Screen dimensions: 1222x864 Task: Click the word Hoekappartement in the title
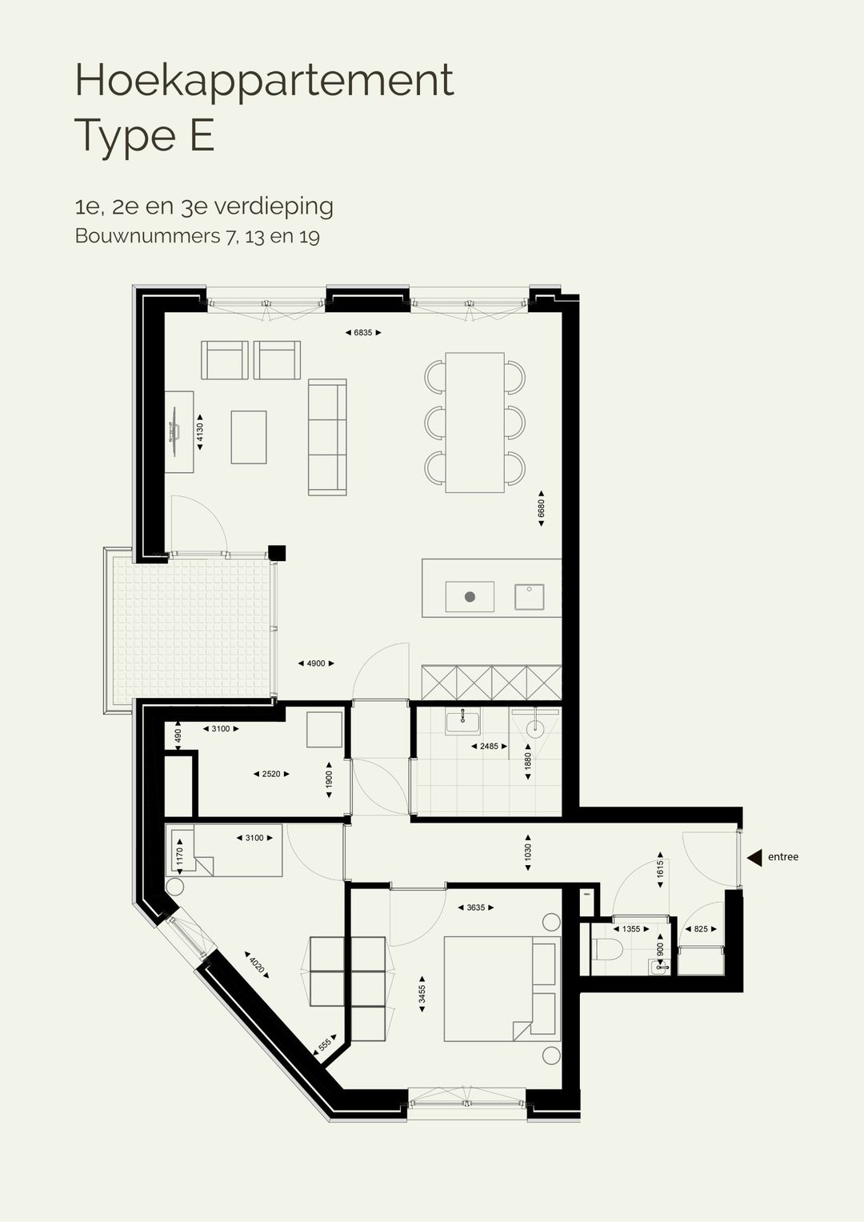(264, 80)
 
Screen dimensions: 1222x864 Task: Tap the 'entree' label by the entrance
(782, 857)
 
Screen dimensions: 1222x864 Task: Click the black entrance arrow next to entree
(754, 857)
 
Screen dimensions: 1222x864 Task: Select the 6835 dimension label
(362, 332)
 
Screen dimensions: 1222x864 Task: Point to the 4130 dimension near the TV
(200, 432)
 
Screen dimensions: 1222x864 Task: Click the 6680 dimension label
(542, 508)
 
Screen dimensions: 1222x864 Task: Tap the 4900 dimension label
(315, 663)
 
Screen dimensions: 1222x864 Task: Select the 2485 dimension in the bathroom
(489, 746)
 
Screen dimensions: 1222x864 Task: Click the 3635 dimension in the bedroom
(475, 907)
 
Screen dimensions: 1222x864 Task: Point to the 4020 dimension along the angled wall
(256, 964)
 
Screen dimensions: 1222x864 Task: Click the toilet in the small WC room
(610, 952)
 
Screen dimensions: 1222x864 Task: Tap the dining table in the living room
(474, 422)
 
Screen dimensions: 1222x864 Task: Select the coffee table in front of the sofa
(249, 437)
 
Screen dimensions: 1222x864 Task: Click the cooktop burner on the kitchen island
(470, 597)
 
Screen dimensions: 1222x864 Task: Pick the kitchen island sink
(529, 597)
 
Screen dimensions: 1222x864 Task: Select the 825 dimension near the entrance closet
(701, 929)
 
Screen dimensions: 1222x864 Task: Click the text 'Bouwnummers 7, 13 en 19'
(197, 237)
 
